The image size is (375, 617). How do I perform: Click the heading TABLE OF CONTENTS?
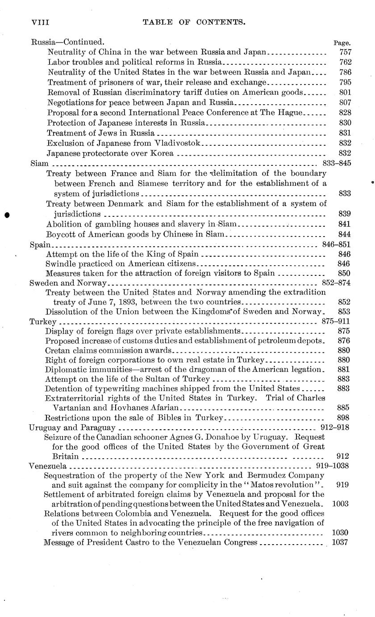coord(193,21)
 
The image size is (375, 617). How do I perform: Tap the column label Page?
coord(342,43)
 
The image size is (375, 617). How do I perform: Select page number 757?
coord(345,52)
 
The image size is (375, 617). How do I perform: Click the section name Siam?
coord(36,164)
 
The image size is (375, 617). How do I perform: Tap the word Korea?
coord(161,153)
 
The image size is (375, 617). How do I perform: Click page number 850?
coord(345,273)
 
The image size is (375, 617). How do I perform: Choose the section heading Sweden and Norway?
coord(67,283)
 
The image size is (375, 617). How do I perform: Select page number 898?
coord(345,418)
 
